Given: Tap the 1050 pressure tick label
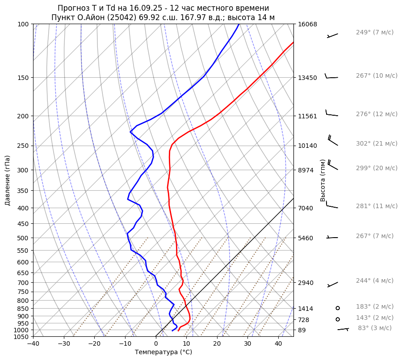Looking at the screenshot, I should [x=21, y=337].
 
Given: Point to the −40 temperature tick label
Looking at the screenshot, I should [x=33, y=344].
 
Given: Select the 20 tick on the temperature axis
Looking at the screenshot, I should [x=217, y=344].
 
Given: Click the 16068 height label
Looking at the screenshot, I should [x=307, y=24].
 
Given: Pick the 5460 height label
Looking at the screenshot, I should [x=306, y=238].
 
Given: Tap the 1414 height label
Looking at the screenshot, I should [x=306, y=309].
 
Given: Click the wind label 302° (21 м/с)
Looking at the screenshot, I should [x=377, y=144].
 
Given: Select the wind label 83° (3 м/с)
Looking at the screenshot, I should [x=375, y=328].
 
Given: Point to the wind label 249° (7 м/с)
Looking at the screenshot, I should [x=375, y=32].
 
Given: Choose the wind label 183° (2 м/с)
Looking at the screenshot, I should [x=375, y=307].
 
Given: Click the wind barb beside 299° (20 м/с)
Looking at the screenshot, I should [x=332, y=165].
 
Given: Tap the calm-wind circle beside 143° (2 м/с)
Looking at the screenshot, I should [x=338, y=319].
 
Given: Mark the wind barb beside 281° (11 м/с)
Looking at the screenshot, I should [x=331, y=205].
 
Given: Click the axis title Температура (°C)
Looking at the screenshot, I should [x=163, y=352].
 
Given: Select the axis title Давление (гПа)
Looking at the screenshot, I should [x=7, y=180].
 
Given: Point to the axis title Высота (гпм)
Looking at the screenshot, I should [x=322, y=180].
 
